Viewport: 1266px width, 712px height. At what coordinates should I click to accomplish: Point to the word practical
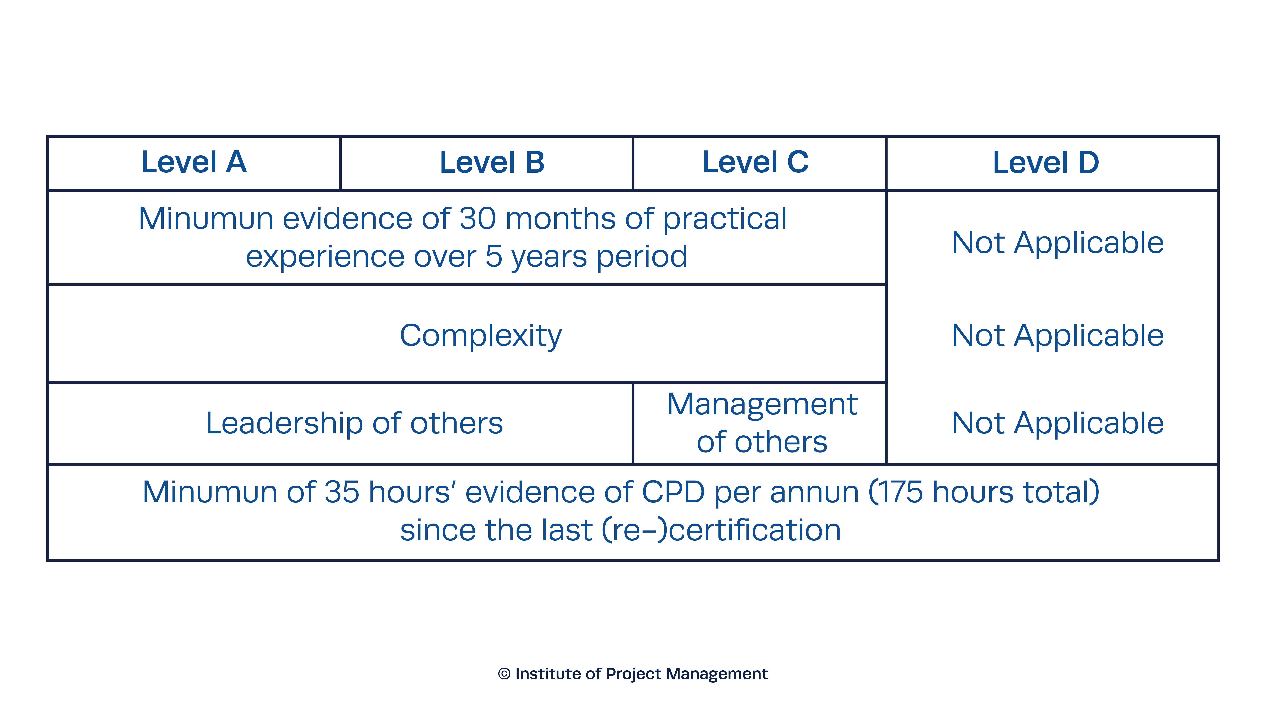pyautogui.click(x=725, y=220)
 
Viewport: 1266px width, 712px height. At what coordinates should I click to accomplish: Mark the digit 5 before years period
pyautogui.click(x=494, y=256)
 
